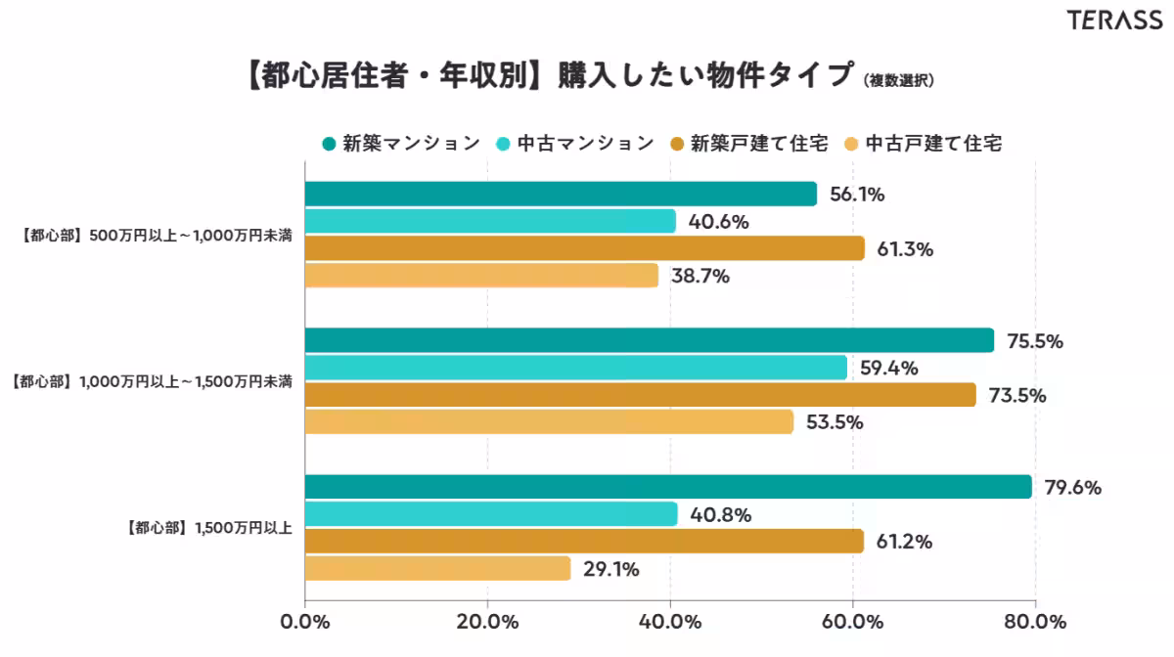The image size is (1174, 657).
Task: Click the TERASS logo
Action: (x=1114, y=21)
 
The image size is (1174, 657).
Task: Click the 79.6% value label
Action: (x=1074, y=487)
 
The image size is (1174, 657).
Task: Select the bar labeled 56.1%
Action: (x=561, y=194)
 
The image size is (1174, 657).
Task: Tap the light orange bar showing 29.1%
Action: (x=437, y=568)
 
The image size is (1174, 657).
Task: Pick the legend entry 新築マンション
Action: (x=401, y=144)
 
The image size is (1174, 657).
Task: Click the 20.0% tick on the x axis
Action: (x=487, y=622)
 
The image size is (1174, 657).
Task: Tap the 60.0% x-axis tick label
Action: (x=852, y=622)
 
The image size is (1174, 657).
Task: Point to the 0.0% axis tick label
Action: (x=305, y=622)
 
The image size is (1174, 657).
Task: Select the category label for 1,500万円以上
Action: (x=211, y=528)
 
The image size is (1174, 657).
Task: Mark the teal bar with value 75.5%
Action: (x=649, y=340)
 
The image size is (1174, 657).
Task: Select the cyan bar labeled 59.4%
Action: (x=575, y=368)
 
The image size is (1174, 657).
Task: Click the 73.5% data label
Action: (x=1018, y=395)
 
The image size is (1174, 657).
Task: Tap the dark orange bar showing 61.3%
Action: (x=584, y=248)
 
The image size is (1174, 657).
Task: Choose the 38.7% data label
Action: (x=700, y=276)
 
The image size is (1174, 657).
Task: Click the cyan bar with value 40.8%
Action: (x=491, y=514)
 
